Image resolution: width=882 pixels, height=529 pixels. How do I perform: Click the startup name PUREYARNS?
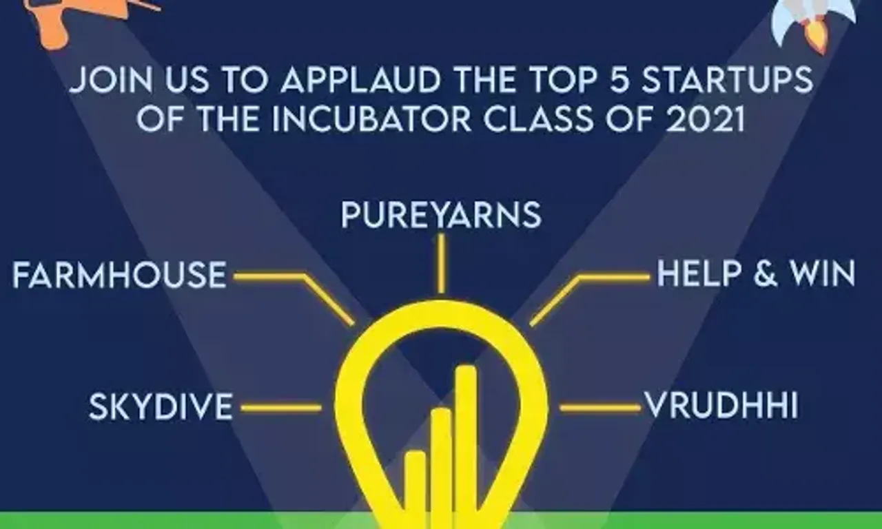tap(441, 215)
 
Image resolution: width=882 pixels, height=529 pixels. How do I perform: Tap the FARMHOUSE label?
tap(119, 275)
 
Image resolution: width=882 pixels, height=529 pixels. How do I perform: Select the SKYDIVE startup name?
tap(161, 406)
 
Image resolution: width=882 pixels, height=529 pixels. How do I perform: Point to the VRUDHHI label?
tap(721, 405)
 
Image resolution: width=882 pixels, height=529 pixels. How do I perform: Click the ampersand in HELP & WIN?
tap(766, 273)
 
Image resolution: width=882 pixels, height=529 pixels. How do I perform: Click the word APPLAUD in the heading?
tap(360, 81)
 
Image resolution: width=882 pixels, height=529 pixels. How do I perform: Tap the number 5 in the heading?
tap(619, 80)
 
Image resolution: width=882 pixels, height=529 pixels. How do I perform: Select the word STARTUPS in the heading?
tap(728, 80)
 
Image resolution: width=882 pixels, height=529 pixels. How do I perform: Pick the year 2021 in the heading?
tap(705, 119)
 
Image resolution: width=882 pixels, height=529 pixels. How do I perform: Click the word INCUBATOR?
tap(371, 119)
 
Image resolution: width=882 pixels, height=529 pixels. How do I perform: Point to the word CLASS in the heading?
tap(538, 119)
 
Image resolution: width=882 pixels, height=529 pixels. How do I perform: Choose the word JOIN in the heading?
tap(111, 81)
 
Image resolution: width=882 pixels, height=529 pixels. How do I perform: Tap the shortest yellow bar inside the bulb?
tap(415, 490)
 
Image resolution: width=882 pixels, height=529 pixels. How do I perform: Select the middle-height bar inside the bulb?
tap(441, 468)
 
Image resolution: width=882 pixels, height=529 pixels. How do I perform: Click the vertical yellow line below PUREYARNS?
tap(442, 264)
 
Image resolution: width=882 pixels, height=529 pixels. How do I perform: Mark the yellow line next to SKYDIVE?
tap(281, 408)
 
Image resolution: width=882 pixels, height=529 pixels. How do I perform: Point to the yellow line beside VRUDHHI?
tap(600, 407)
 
